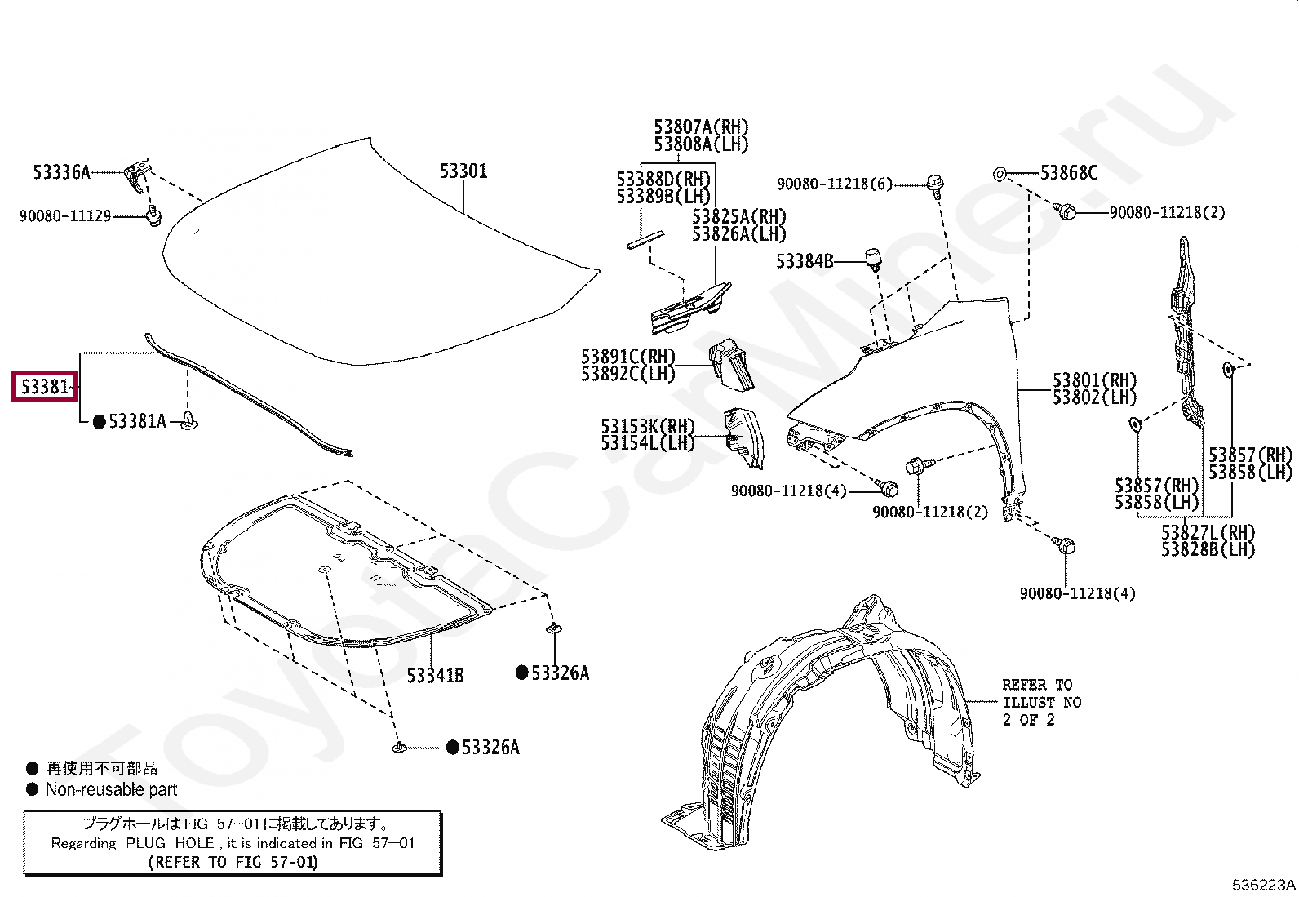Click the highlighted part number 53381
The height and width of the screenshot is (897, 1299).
(x=44, y=386)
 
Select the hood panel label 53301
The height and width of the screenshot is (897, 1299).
(x=463, y=171)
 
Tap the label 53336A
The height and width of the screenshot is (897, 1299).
(x=61, y=172)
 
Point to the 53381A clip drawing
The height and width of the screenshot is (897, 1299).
(x=190, y=421)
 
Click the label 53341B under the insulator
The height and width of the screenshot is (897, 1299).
(x=435, y=676)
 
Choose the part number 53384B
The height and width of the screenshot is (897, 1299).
(x=805, y=261)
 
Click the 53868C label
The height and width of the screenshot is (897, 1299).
(x=1069, y=173)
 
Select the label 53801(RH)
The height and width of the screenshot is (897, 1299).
(x=1094, y=380)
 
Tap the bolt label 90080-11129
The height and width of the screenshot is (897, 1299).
(x=65, y=216)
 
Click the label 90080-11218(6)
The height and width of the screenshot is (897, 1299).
(x=835, y=184)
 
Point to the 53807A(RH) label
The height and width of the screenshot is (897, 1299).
(x=701, y=127)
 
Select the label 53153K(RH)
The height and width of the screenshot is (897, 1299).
(x=648, y=426)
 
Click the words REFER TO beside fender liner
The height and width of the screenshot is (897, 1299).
(x=1037, y=685)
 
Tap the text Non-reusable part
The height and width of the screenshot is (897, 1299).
(x=111, y=789)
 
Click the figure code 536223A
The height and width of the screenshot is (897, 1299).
(x=1264, y=885)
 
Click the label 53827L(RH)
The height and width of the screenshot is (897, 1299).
(x=1208, y=532)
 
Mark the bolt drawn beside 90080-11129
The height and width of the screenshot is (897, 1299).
(x=153, y=216)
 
